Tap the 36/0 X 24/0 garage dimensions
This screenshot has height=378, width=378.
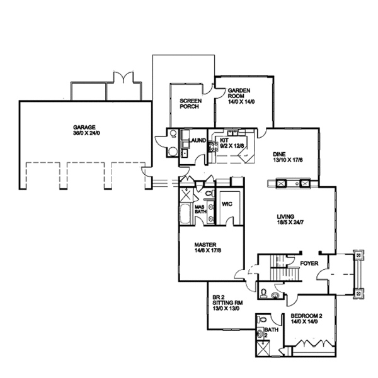click(86, 133)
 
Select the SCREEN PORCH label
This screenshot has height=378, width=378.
click(190, 104)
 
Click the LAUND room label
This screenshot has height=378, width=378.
click(198, 140)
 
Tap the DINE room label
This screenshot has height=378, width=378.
click(279, 154)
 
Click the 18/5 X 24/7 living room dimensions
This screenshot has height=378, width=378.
click(290, 222)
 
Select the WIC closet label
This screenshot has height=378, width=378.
click(227, 204)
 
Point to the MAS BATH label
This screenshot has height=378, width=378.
click(201, 209)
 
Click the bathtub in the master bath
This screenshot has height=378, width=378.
click(186, 214)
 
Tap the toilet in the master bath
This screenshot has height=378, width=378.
click(210, 193)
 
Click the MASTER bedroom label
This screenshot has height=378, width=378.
click(205, 245)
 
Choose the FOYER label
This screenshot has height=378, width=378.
click(309, 264)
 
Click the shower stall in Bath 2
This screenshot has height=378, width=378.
click(263, 348)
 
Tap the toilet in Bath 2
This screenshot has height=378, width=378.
click(262, 320)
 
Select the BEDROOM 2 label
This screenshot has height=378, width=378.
click(306, 316)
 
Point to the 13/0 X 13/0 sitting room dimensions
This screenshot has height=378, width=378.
click(226, 308)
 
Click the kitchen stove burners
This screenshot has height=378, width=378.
click(213, 147)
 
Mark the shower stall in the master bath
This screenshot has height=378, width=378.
click(186, 195)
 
